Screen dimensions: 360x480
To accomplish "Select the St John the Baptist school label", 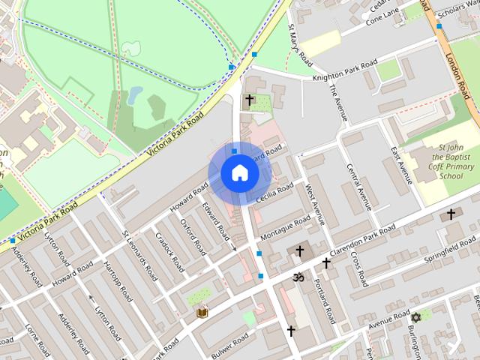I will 451,161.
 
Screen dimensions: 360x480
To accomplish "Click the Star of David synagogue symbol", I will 415,317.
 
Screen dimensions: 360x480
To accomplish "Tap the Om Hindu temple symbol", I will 297,277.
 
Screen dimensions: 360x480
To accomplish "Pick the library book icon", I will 202,312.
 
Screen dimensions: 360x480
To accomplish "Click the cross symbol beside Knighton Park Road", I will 249,99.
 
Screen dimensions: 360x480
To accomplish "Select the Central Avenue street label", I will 361,183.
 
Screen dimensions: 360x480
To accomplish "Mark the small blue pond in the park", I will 135,94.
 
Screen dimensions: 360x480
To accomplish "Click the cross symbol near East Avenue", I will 451,214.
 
